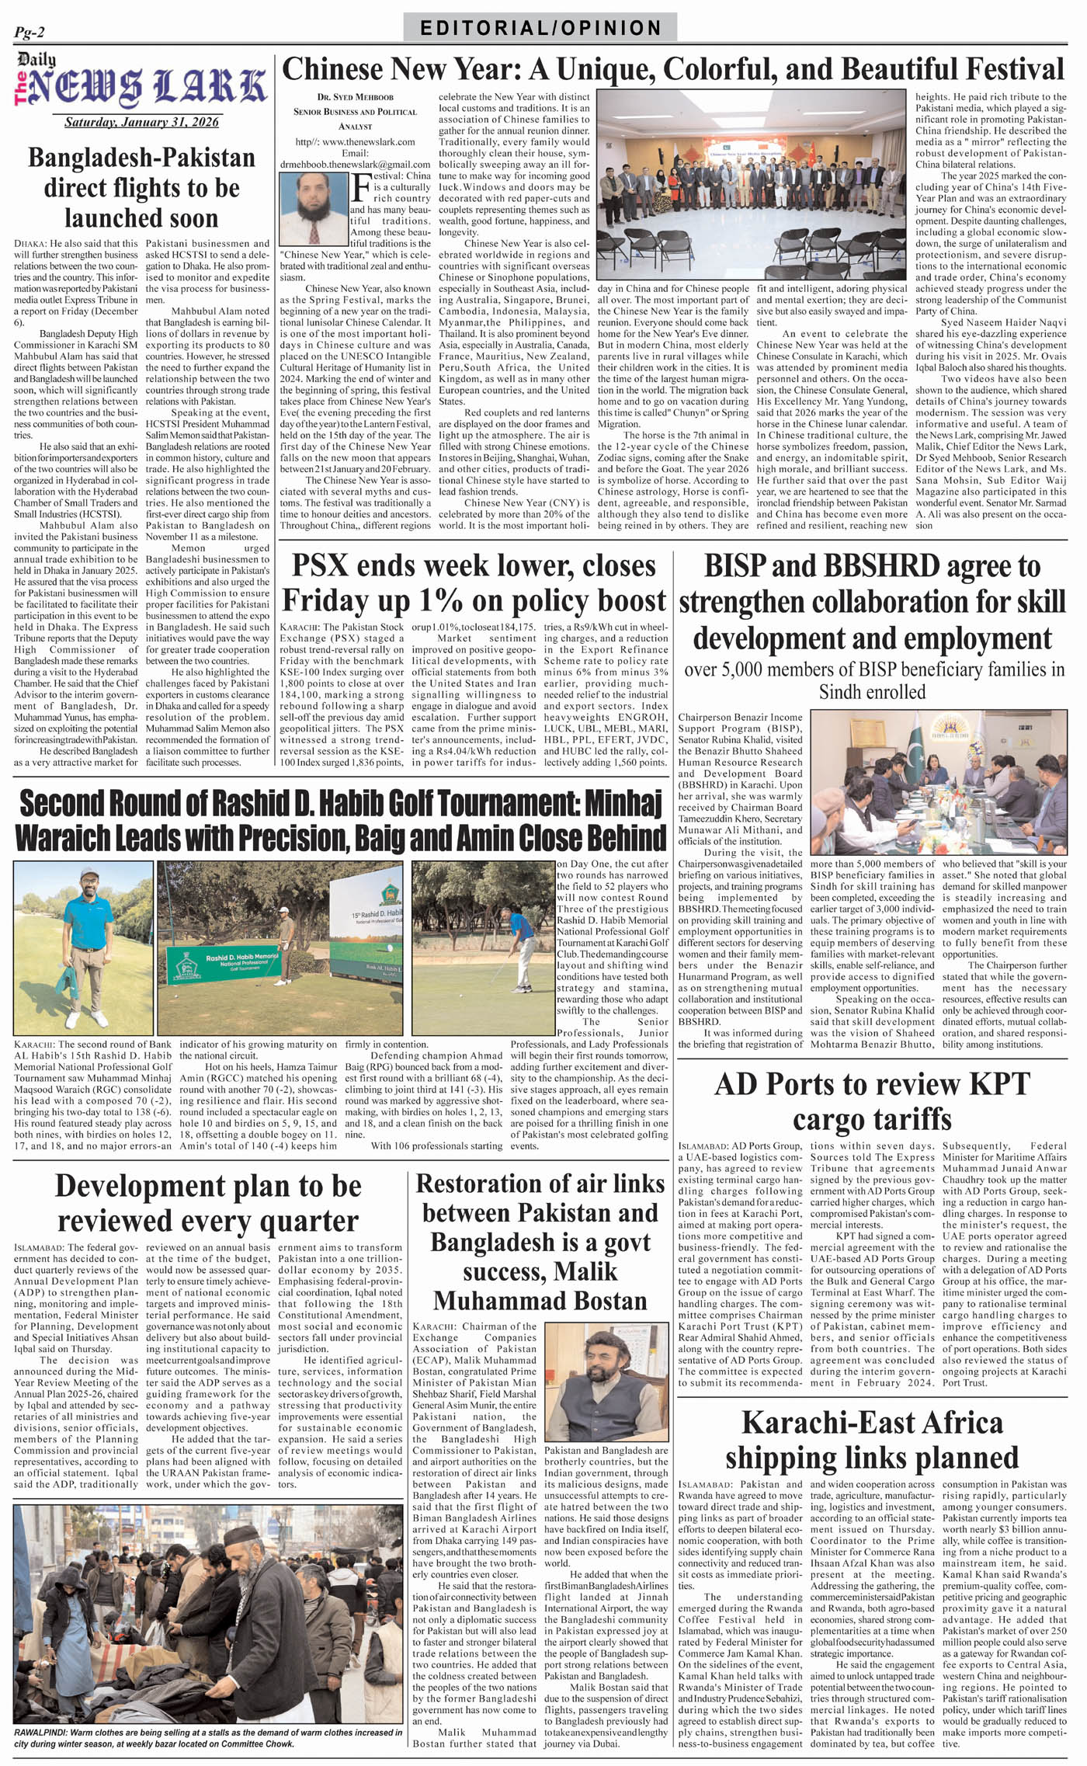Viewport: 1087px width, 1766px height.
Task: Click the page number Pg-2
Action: click(30, 32)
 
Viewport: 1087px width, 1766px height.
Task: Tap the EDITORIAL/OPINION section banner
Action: click(540, 28)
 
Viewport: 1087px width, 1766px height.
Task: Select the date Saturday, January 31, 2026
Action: click(141, 122)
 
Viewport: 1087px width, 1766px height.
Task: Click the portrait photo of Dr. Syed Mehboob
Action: click(314, 208)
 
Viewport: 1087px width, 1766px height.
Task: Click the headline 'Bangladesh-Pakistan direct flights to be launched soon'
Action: click(141, 188)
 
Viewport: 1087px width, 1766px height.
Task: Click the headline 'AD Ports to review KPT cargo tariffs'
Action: click(872, 1101)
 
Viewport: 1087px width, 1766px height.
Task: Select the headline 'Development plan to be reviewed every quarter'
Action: click(208, 1202)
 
